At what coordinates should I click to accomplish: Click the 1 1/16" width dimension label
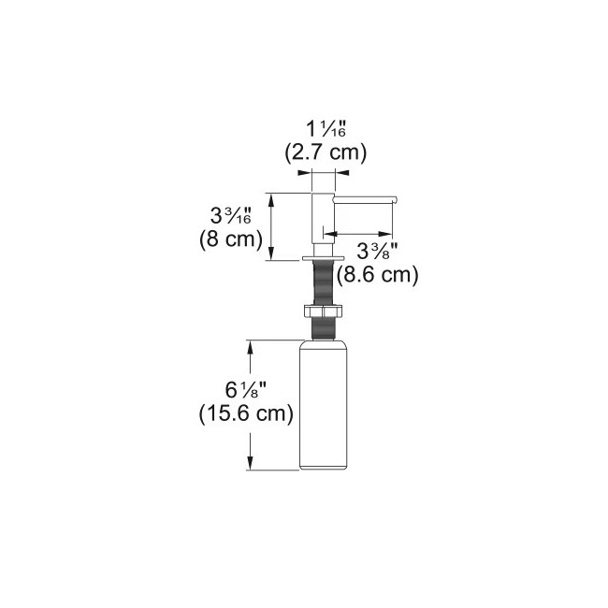coord(326,128)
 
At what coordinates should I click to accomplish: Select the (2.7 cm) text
coord(326,152)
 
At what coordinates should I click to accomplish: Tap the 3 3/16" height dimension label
coord(230,215)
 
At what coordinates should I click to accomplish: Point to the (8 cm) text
coord(231,239)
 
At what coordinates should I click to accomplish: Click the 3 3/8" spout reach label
coord(377,251)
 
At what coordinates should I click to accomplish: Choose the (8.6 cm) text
coord(377,275)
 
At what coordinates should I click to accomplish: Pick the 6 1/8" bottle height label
coord(246,390)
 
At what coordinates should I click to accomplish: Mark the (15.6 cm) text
coord(246,413)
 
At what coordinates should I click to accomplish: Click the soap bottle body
coord(323,405)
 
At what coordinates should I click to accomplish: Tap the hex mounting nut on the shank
coord(323,311)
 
